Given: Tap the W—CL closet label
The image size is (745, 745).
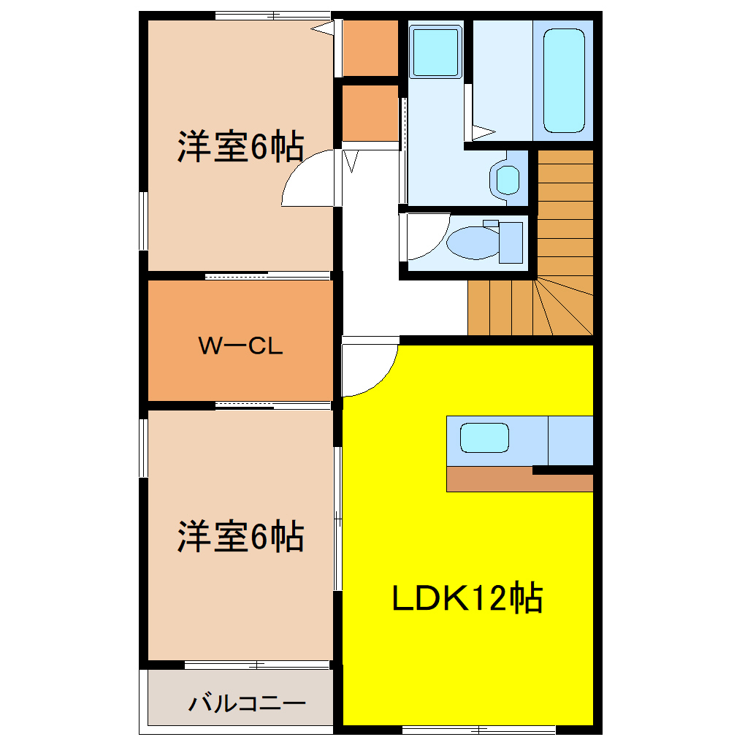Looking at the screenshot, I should point(241,346).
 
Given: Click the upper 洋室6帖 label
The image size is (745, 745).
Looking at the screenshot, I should point(240,148).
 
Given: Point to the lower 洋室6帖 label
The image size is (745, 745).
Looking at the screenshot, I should point(240,538).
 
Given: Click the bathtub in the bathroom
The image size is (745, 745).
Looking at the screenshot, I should point(565,80).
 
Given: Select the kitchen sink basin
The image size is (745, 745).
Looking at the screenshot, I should point(484,438).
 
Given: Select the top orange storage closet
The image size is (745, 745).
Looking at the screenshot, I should point(370,48).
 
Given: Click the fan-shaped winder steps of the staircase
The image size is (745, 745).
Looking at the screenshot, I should point(562,307).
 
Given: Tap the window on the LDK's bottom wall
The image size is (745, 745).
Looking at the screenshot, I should point(478,729).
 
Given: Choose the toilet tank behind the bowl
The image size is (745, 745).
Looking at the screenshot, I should point(511,242).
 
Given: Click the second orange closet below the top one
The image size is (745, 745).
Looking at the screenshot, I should point(370,114).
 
